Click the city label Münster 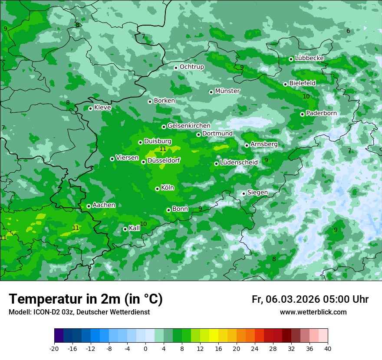coord(227,91)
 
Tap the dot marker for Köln coord(157,189)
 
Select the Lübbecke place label coord(309,58)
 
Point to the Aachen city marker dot coord(89,206)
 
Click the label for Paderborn coord(321,113)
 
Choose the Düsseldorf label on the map coord(164,160)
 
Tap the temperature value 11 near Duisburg coord(163,149)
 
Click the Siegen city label coord(257,193)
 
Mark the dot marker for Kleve coord(90,108)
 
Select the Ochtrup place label coord(191,67)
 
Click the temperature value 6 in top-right coord(348,31)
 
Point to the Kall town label coord(135,228)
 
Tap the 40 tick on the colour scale coord(327,348)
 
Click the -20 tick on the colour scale coord(54,348)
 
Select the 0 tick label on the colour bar coord(145,348)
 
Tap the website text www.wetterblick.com coord(313,312)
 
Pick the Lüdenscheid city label coord(239,163)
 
